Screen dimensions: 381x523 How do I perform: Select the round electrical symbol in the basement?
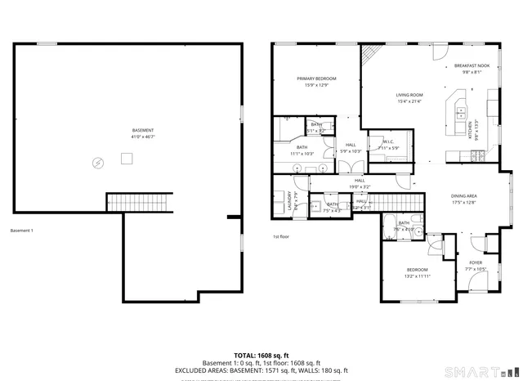pos(97,163)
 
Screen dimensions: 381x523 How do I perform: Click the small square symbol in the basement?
pos(127,159)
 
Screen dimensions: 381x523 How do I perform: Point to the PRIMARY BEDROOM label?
pos(316,78)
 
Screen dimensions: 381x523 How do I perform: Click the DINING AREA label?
pos(464,196)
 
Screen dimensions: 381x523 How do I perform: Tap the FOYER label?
pos(475,262)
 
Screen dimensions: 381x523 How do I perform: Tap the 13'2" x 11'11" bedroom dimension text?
pos(417,276)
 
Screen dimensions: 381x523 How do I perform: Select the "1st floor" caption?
pos(281,238)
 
